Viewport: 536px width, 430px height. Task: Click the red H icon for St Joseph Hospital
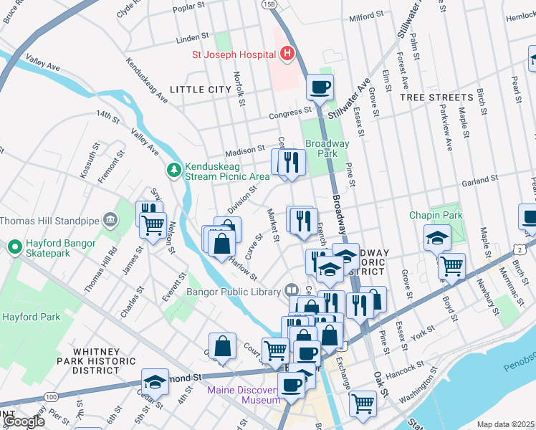287,53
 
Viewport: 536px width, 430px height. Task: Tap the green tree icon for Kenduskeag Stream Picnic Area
173,169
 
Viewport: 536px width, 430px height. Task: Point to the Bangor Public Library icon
291,290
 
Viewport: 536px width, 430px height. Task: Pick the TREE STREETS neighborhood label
436,97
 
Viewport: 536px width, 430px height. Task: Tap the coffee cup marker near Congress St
320,87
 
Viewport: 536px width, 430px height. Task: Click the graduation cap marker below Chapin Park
436,237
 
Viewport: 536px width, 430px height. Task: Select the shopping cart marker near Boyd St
451,266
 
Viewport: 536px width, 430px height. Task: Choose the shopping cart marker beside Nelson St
153,225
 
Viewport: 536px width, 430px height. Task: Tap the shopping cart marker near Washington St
363,403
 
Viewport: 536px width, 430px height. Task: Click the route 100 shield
51,396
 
